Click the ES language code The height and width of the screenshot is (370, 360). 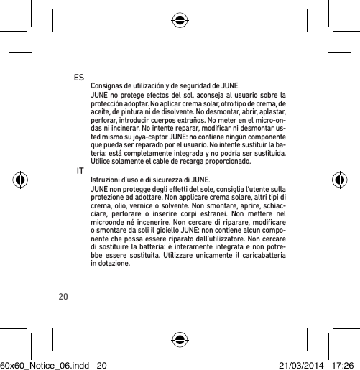coord(78,75)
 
